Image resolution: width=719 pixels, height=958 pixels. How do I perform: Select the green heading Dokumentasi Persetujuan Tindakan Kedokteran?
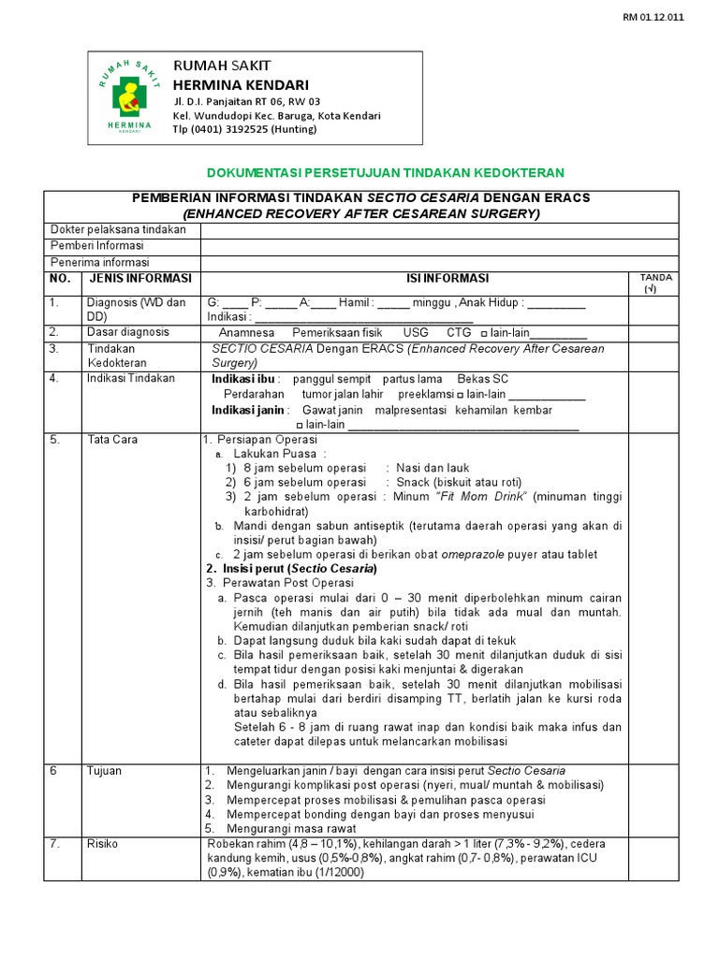click(x=385, y=173)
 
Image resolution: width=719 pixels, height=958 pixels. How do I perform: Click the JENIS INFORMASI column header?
click(x=139, y=279)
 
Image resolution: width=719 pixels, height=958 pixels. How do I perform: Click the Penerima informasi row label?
click(x=100, y=262)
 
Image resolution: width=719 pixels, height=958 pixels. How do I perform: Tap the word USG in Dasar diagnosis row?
click(x=415, y=333)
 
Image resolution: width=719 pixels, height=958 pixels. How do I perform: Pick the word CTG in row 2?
click(x=459, y=333)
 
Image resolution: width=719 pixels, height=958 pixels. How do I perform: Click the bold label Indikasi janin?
click(x=249, y=411)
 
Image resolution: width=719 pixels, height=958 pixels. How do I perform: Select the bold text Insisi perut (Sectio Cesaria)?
click(x=290, y=569)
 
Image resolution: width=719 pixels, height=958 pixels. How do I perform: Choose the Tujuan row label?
click(x=104, y=771)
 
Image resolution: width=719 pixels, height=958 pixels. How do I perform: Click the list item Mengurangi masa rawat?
click(x=292, y=828)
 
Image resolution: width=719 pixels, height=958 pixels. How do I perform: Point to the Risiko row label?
click(x=102, y=844)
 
